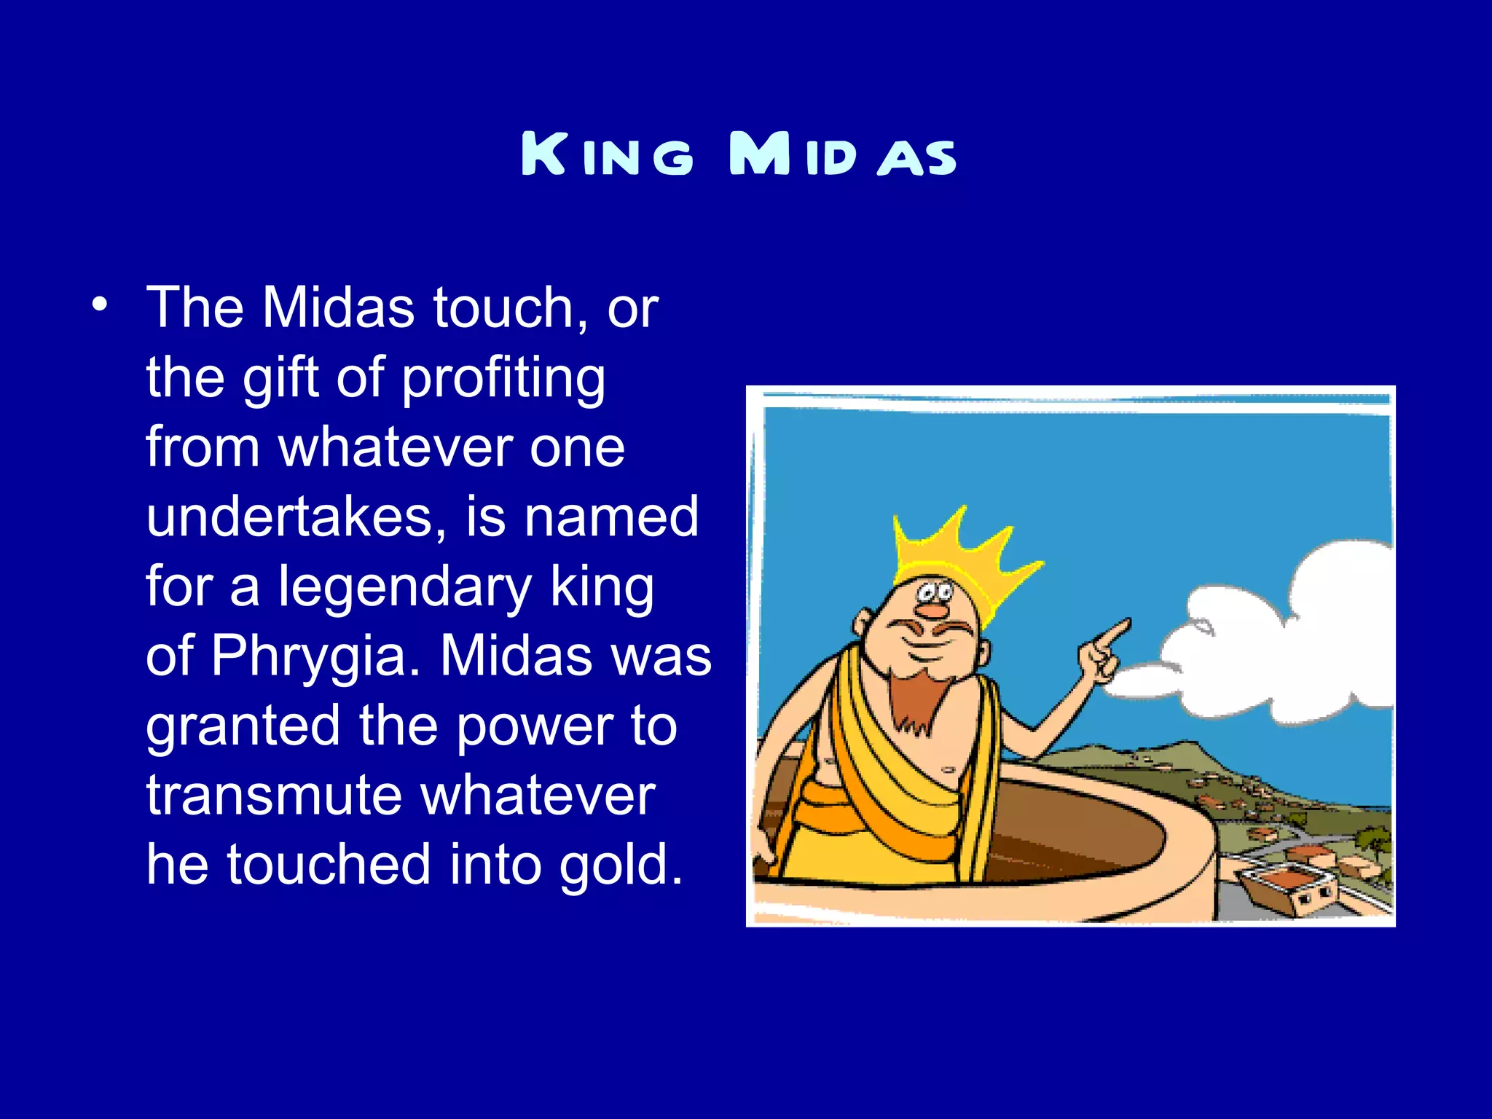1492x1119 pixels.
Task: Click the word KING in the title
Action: pos(607,154)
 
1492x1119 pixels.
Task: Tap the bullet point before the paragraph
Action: pos(100,304)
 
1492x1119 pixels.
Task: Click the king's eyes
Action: pos(935,590)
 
